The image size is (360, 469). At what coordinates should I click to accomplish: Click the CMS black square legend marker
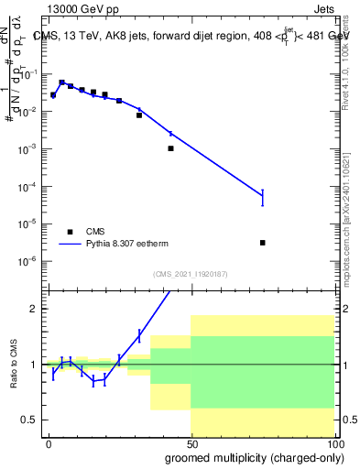point(71,232)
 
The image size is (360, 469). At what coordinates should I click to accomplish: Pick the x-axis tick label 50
point(191,443)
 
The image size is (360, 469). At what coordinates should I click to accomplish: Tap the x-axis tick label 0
point(49,443)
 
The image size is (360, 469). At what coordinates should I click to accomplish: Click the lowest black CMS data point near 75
point(263,243)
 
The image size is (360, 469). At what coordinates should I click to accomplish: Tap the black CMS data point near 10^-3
point(170,148)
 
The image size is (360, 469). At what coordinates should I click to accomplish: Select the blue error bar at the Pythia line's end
point(263,197)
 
